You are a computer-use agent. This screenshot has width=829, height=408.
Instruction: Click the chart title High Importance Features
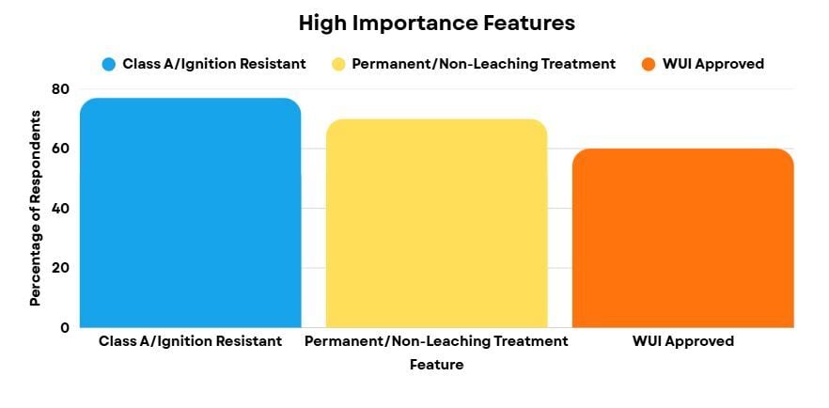point(436,23)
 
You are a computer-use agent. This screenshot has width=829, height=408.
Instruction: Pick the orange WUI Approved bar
point(682,239)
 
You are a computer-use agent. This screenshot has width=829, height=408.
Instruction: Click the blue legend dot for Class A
point(109,64)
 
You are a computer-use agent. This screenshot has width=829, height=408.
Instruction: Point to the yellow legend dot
point(338,64)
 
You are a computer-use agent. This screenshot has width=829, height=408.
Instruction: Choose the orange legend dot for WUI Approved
point(648,64)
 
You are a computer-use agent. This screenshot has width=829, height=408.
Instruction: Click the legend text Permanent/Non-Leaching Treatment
point(483,64)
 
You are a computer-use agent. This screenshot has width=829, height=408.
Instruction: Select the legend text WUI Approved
point(712,64)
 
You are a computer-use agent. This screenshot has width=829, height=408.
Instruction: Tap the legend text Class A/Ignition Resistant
point(214,64)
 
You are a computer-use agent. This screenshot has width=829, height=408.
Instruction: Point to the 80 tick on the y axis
point(60,89)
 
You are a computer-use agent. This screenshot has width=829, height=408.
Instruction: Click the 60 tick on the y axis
point(60,149)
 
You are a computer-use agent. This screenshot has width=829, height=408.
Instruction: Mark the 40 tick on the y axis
point(60,208)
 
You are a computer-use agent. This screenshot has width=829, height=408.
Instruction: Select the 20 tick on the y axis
point(60,268)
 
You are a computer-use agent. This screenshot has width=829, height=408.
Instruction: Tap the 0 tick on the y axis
point(64,327)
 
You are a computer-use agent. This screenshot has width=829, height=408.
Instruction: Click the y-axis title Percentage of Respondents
point(35,208)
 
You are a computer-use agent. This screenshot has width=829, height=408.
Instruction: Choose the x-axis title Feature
point(436,364)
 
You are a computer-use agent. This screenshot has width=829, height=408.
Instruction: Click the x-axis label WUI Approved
point(682,341)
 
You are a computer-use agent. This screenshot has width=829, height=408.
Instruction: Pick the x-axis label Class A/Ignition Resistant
point(190,341)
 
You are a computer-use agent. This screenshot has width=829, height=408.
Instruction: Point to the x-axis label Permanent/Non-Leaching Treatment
point(436,341)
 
